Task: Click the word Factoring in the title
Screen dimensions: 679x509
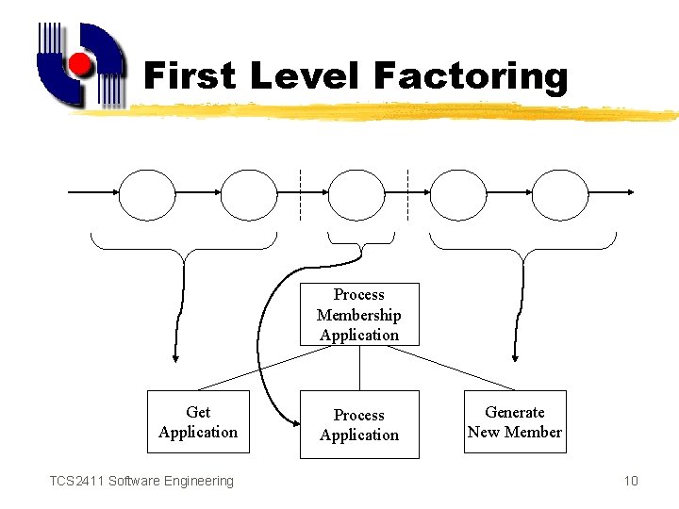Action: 472,75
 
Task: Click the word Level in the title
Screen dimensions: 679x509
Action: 309,75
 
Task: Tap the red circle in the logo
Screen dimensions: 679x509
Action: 82,64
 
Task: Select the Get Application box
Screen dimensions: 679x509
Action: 198,422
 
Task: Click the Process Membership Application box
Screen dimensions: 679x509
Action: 359,315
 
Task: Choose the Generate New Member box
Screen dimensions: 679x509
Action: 515,422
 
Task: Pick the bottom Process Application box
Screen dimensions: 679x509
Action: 359,425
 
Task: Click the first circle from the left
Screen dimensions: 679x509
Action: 147,194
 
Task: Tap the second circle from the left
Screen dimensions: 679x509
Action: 249,194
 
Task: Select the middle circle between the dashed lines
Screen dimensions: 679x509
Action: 356,194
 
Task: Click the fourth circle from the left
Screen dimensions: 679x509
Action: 457,194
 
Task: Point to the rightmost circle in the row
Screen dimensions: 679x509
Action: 562,194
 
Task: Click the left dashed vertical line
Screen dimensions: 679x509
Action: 299,194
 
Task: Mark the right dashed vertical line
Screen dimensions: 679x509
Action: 407,194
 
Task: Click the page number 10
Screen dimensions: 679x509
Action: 631,481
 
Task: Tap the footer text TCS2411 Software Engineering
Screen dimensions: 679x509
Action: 141,481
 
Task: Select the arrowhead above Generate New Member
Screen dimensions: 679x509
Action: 514,357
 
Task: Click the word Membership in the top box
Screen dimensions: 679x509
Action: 359,315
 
